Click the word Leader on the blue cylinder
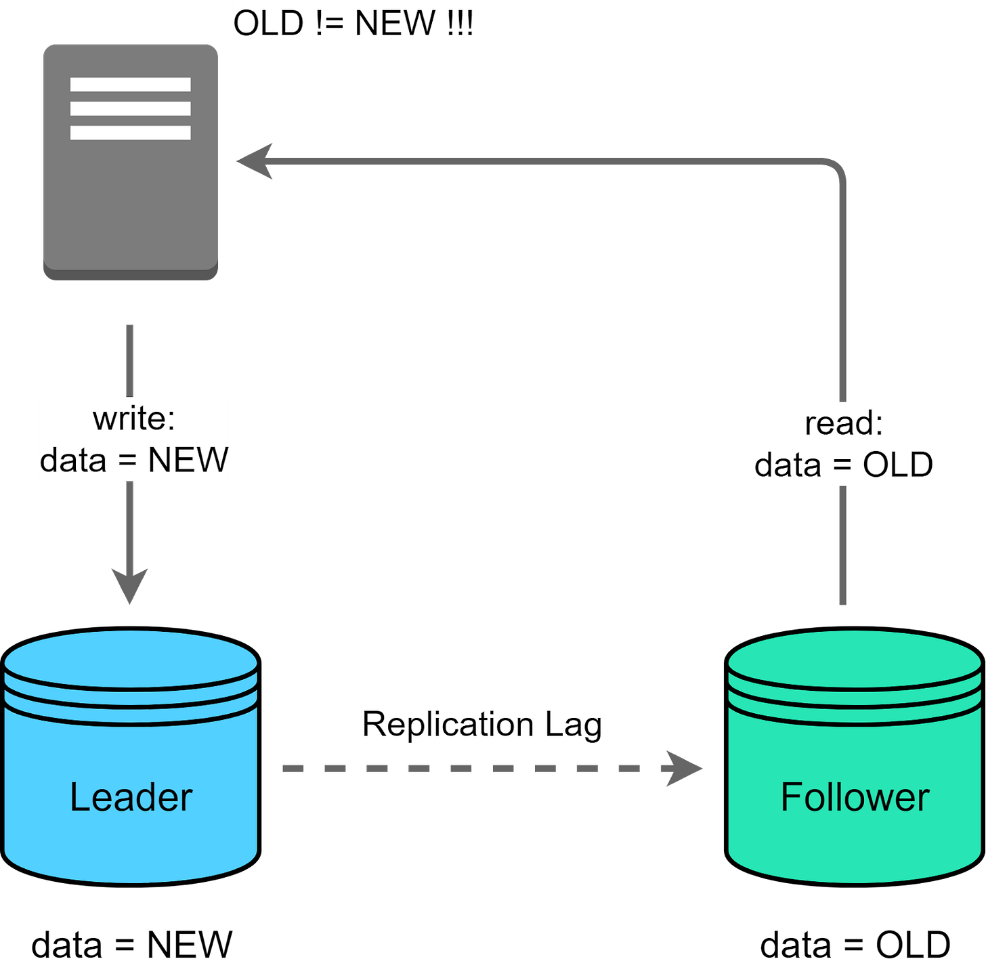click(131, 797)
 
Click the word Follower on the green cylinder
click(855, 797)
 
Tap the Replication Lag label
click(481, 724)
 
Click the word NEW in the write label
click(188, 460)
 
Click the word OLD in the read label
click(897, 465)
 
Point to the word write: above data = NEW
click(134, 418)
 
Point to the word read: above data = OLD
click(844, 423)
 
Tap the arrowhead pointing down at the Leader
click(129, 584)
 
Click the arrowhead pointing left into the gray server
click(254, 161)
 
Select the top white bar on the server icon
click(130, 85)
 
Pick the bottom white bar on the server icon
click(130, 133)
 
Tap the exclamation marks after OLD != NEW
click(460, 24)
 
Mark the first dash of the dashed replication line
click(293, 768)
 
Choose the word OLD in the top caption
click(268, 24)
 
